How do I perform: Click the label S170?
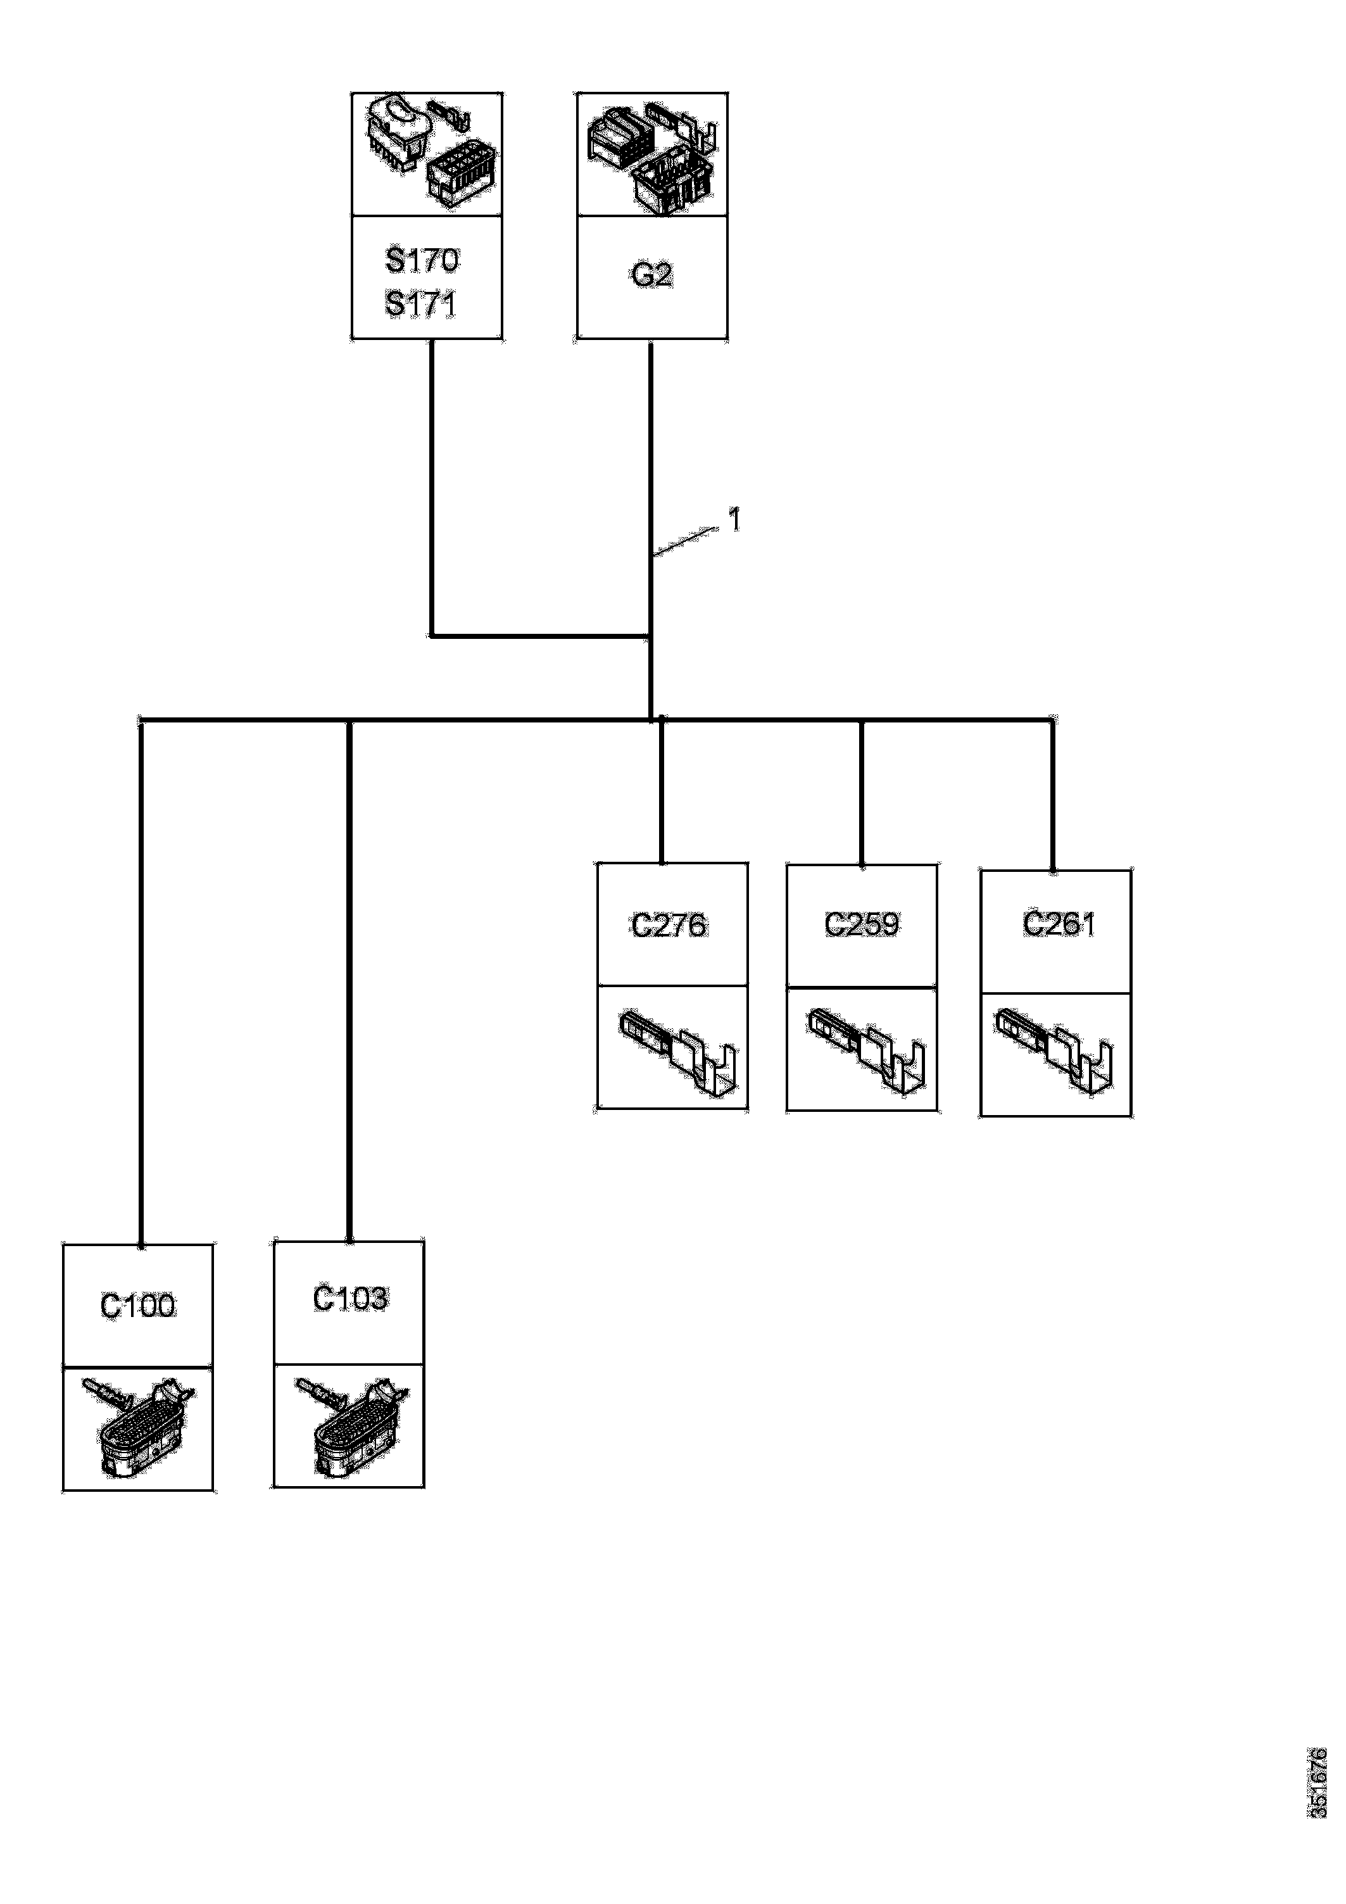[x=422, y=260]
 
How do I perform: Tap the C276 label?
[x=669, y=924]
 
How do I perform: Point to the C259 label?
[x=862, y=924]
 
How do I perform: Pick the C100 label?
[x=137, y=1306]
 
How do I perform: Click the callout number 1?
[x=733, y=520]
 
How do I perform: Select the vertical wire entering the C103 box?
[x=349, y=995]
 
